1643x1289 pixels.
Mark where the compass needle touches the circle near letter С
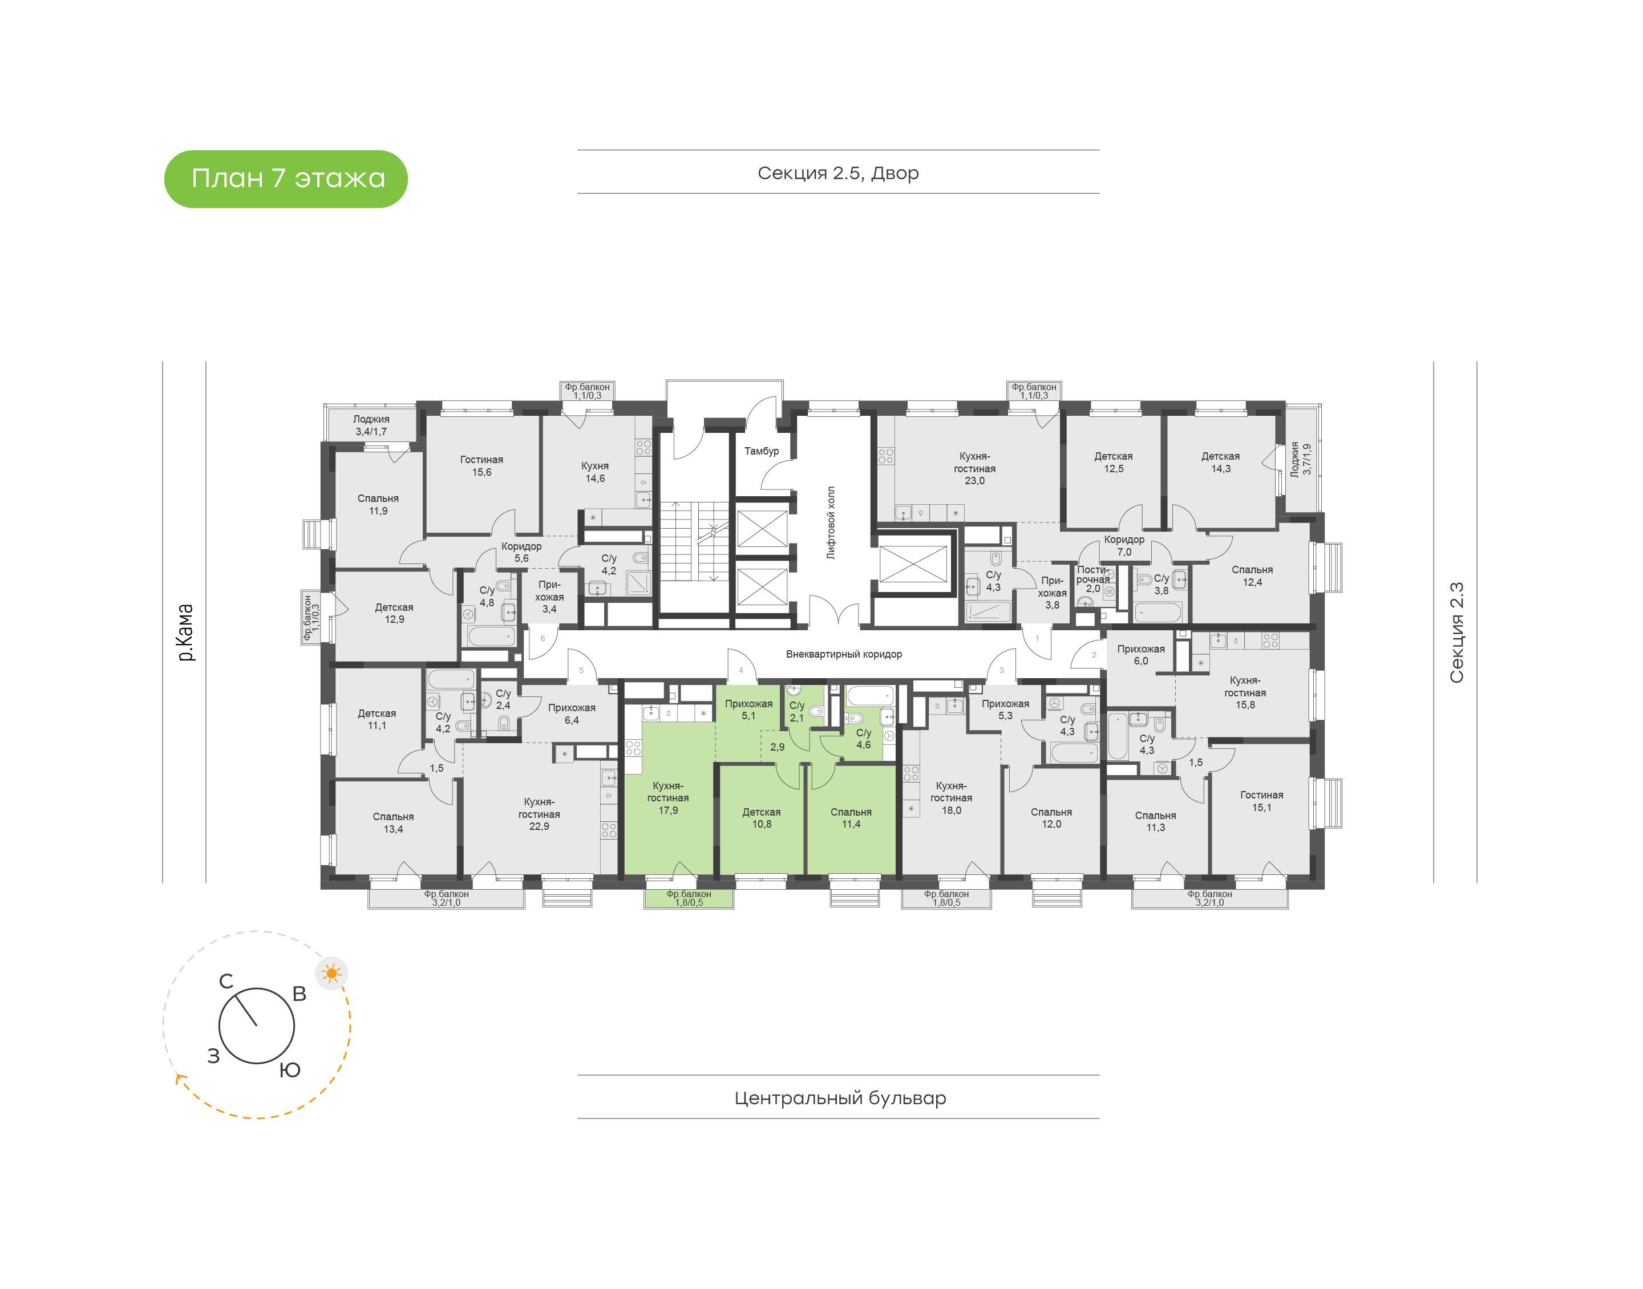click(236, 995)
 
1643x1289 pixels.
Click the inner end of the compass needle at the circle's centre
click(257, 1025)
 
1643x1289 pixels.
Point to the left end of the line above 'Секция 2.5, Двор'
click(578, 150)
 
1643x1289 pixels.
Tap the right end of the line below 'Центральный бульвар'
click(1099, 1118)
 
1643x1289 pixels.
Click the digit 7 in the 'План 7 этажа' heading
click(278, 178)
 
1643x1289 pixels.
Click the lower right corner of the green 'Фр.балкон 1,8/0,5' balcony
click(734, 908)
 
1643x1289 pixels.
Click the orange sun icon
click(331, 974)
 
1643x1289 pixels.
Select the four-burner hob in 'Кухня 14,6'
click(643, 448)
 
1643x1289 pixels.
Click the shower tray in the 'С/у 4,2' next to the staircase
click(638, 583)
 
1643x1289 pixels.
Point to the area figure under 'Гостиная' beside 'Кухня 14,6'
click(481, 472)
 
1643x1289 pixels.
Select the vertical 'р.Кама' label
click(185, 633)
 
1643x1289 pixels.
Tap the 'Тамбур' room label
click(762, 451)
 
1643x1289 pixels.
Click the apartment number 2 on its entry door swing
click(1094, 655)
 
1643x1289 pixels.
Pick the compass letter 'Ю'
click(290, 1070)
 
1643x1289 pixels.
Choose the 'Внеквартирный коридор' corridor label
click(844, 654)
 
